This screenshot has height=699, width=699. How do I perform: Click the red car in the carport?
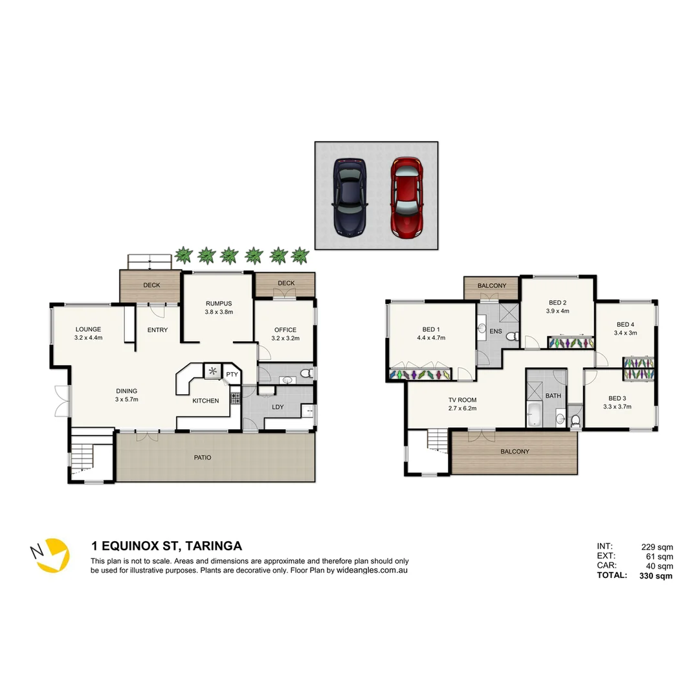407,196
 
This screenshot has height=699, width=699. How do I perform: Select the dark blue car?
350,196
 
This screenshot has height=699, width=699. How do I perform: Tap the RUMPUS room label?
219,304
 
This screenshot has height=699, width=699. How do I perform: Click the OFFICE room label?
285,329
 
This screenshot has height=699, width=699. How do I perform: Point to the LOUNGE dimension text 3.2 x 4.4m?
89,337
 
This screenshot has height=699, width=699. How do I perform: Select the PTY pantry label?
231,374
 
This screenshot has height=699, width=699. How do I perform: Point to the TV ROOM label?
462,399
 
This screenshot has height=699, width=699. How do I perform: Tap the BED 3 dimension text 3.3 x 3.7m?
617,406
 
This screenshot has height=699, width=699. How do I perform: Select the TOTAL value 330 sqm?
656,575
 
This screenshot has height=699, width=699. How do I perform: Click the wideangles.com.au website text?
372,570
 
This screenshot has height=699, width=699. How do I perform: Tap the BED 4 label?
625,324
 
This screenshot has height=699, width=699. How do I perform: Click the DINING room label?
126,391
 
